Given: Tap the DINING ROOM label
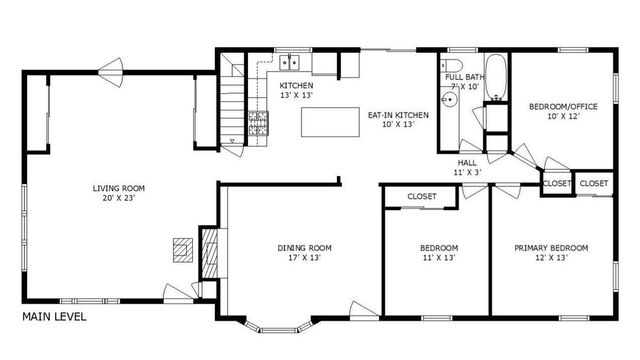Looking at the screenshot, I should click(305, 248).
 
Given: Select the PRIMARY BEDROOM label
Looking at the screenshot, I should click(551, 248).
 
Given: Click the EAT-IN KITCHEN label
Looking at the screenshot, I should click(398, 115).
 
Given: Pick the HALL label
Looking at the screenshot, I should click(468, 162).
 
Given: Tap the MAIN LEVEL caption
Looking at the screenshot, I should click(54, 317).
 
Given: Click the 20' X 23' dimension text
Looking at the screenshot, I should click(119, 198).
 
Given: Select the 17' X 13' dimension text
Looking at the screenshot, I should click(305, 259).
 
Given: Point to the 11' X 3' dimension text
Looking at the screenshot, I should click(468, 173).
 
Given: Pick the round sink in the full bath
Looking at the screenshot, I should click(446, 111).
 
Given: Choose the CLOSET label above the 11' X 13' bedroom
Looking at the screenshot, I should click(422, 197).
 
